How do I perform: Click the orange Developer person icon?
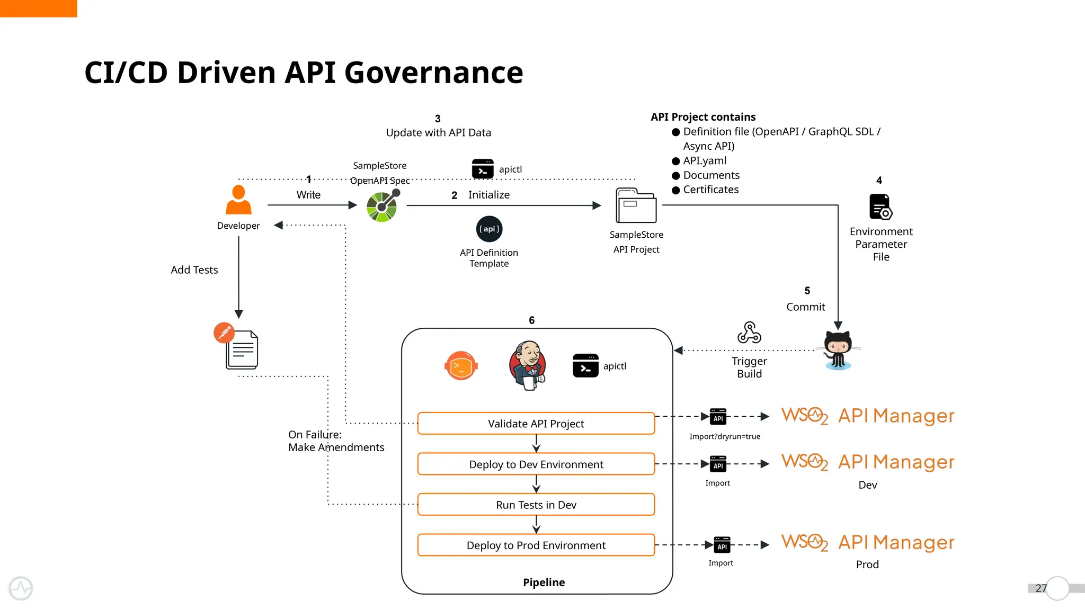[x=238, y=200]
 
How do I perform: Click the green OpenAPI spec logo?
[x=382, y=206]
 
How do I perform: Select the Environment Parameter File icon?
[x=881, y=207]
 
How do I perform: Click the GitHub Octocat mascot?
[x=838, y=349]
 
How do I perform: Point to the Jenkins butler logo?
[x=527, y=365]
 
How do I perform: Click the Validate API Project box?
[x=536, y=424]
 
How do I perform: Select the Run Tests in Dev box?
[x=536, y=505]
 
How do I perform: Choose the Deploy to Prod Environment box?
[x=536, y=545]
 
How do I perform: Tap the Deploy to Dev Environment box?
[x=536, y=464]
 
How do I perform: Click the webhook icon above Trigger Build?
[x=749, y=333]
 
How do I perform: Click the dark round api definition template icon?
[x=489, y=229]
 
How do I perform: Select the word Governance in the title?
[x=433, y=73]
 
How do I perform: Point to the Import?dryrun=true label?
[x=725, y=436]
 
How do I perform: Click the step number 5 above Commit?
[x=807, y=291]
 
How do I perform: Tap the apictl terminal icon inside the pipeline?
[x=585, y=366]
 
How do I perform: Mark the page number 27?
[x=1040, y=588]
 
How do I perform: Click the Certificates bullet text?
[x=710, y=190]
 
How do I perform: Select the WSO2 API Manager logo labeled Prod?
[x=868, y=542]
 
